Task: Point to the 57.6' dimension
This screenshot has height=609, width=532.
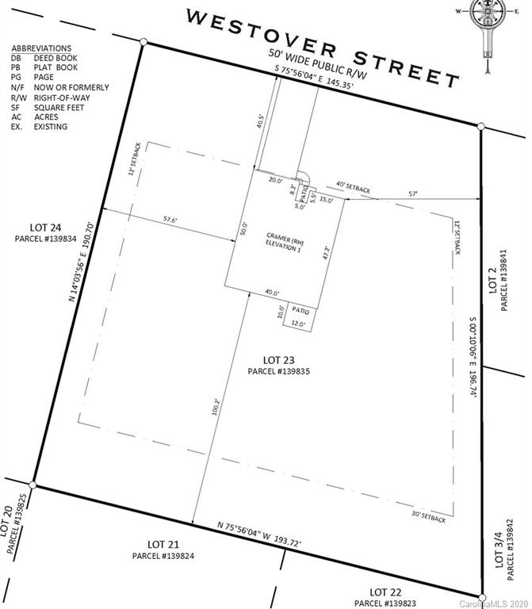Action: [167, 219]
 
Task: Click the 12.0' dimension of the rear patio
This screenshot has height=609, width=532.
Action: [298, 324]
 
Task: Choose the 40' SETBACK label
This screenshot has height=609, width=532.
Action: [353, 186]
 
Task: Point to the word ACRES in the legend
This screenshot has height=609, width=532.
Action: [46, 116]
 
